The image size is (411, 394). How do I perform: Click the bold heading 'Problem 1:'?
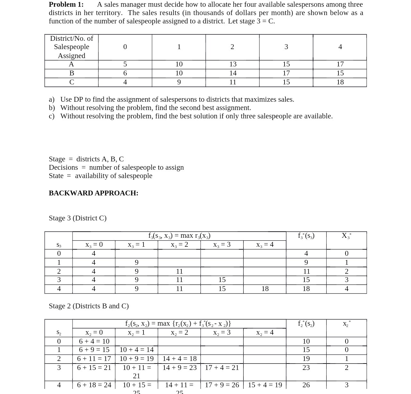coord(66,4)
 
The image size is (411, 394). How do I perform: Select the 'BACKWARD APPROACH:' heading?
coord(93,193)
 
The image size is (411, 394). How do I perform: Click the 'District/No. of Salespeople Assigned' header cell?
coord(72,47)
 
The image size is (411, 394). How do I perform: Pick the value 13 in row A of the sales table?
coord(233,64)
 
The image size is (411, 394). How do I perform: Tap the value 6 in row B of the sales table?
coord(125,73)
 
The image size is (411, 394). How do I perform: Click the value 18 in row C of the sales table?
coord(340,82)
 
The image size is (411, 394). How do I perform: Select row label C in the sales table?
coord(72,82)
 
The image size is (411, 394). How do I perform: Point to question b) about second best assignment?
coord(155,108)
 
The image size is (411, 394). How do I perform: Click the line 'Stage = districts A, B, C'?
coord(86,159)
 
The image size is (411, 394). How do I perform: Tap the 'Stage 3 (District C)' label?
coord(78,218)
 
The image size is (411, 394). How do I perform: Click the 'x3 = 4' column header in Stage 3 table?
coord(265,245)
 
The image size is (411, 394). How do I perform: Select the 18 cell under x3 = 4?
coord(265,289)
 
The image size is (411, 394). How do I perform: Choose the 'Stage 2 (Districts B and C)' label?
coord(89,306)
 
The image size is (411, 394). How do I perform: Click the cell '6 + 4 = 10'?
coord(94,341)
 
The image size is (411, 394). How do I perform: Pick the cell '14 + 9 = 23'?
coord(179,368)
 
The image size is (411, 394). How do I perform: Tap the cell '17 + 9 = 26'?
coord(222,385)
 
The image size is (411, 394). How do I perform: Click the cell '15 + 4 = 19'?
coord(265,385)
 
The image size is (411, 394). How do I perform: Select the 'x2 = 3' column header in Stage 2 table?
coord(222,333)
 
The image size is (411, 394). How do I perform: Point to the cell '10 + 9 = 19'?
coord(136,359)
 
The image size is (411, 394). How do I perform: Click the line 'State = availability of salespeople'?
coord(101,176)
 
